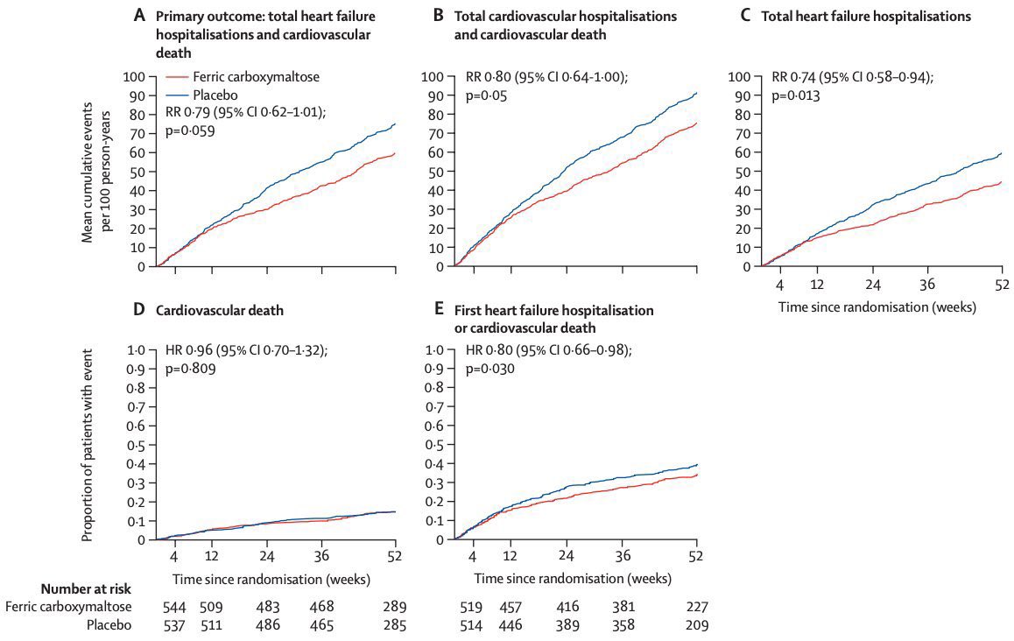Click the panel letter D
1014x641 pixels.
point(138,310)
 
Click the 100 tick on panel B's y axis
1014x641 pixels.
point(434,76)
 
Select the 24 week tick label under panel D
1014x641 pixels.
point(266,557)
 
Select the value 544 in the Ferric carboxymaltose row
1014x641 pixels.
point(173,606)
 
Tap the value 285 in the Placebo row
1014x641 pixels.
point(393,625)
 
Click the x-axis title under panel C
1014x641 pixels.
point(877,306)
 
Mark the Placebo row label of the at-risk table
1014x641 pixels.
point(109,625)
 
